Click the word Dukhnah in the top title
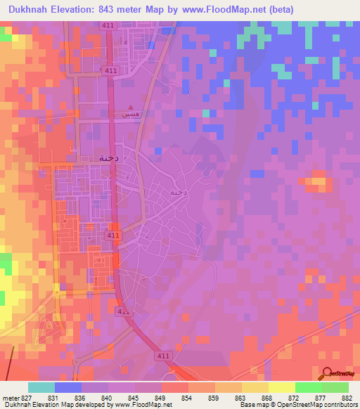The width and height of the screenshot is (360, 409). point(28,10)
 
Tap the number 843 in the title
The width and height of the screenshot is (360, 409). point(108,10)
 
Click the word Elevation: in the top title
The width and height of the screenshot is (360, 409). point(73,10)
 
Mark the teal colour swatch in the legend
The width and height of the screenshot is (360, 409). point(41,387)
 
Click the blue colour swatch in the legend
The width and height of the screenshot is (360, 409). point(68,387)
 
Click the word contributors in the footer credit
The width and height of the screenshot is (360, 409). point(340,405)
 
